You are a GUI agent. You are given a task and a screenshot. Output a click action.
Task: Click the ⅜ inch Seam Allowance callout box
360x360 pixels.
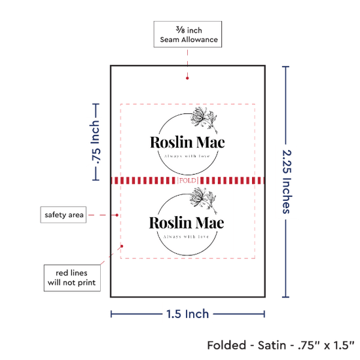[188, 34]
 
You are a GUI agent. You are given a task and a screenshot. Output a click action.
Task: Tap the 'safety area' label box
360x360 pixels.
[63, 215]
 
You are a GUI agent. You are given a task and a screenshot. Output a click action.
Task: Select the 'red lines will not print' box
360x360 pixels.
[72, 278]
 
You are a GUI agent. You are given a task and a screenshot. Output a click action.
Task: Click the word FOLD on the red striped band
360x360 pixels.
[188, 181]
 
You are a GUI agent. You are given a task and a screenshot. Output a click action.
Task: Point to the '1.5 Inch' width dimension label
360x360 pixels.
[187, 314]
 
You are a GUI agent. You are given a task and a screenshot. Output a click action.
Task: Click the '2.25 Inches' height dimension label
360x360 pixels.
[287, 181]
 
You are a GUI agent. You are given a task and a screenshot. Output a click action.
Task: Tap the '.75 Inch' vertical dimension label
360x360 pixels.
[96, 142]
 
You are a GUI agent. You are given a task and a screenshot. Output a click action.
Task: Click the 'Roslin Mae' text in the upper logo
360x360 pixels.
[187, 142]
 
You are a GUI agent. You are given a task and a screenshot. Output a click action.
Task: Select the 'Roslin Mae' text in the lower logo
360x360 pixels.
[187, 223]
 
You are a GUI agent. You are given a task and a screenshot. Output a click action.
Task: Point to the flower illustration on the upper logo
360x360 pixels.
[204, 119]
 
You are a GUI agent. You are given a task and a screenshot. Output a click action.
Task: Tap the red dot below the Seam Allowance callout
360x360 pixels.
[187, 79]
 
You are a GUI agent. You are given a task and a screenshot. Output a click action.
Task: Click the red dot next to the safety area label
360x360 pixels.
[117, 215]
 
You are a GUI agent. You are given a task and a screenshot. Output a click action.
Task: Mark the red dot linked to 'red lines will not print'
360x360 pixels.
[122, 246]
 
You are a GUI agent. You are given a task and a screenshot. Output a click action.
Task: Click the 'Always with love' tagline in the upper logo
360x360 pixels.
[187, 156]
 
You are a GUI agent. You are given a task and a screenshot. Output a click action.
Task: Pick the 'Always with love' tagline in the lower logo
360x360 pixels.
[186, 237]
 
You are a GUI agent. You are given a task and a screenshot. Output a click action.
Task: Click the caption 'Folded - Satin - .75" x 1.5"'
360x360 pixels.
[281, 346]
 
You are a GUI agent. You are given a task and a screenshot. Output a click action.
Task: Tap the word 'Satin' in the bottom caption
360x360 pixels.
[272, 346]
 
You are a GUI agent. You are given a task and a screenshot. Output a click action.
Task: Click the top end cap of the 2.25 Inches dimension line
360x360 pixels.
[285, 67]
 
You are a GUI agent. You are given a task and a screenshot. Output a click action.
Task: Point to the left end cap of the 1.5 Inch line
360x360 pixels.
[111, 314]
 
